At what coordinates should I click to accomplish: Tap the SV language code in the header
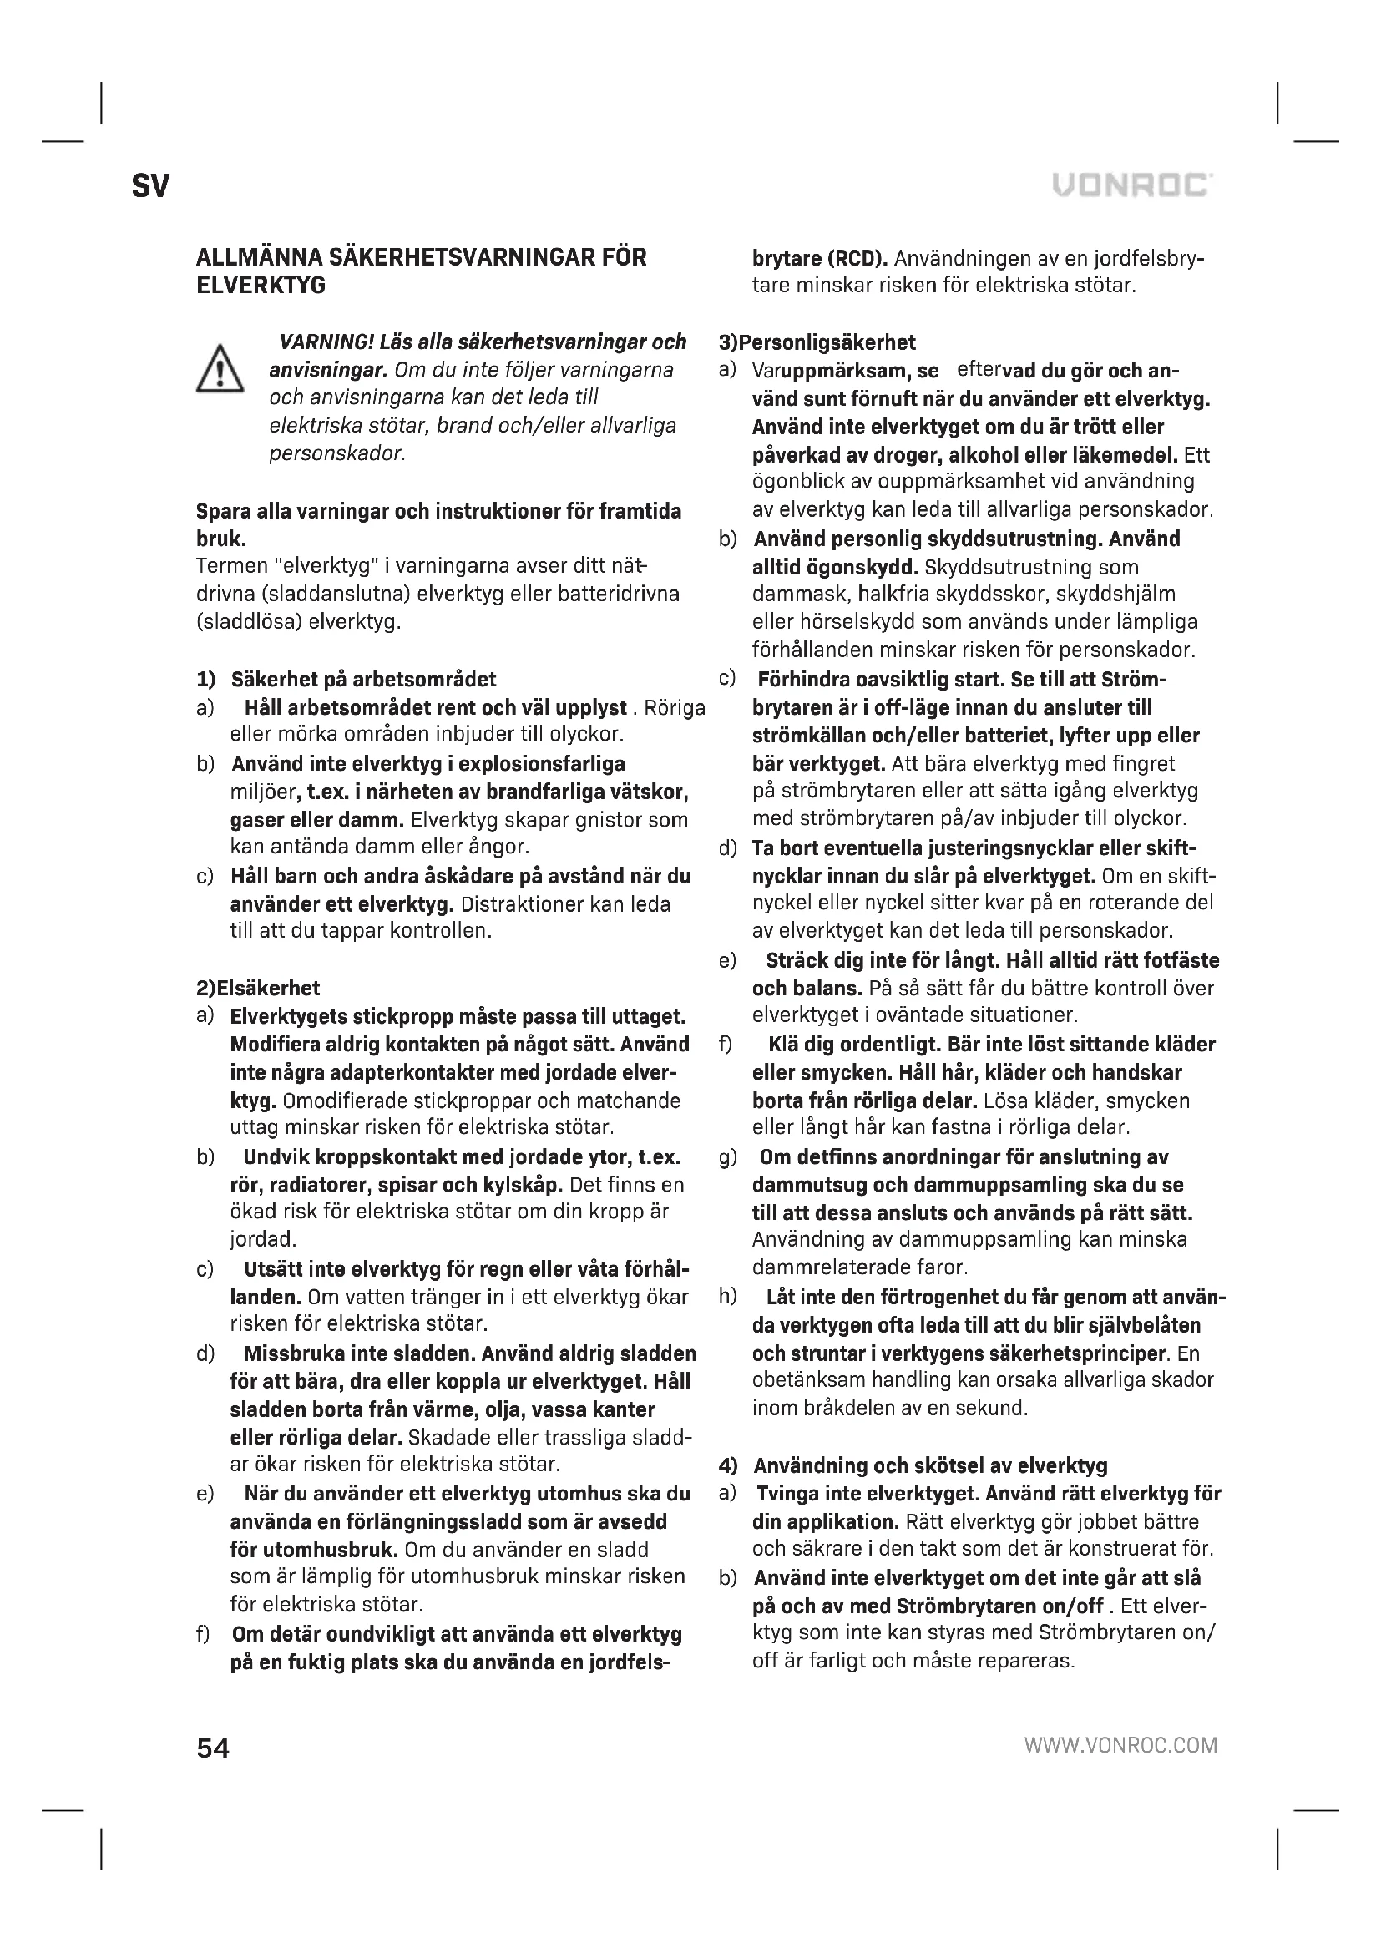coord(150,186)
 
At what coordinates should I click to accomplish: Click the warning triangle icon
coord(220,369)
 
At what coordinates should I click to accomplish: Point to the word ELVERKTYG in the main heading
coord(261,286)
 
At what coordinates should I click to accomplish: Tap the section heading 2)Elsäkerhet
coord(258,988)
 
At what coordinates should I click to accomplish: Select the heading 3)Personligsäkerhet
coord(817,343)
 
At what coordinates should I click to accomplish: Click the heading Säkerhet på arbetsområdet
coord(363,679)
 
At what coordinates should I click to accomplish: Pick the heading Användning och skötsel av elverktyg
coord(930,1465)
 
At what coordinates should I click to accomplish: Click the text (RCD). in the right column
coord(857,258)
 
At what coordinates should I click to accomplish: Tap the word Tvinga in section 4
coord(787,1494)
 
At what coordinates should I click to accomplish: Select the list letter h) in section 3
coord(727,1297)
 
